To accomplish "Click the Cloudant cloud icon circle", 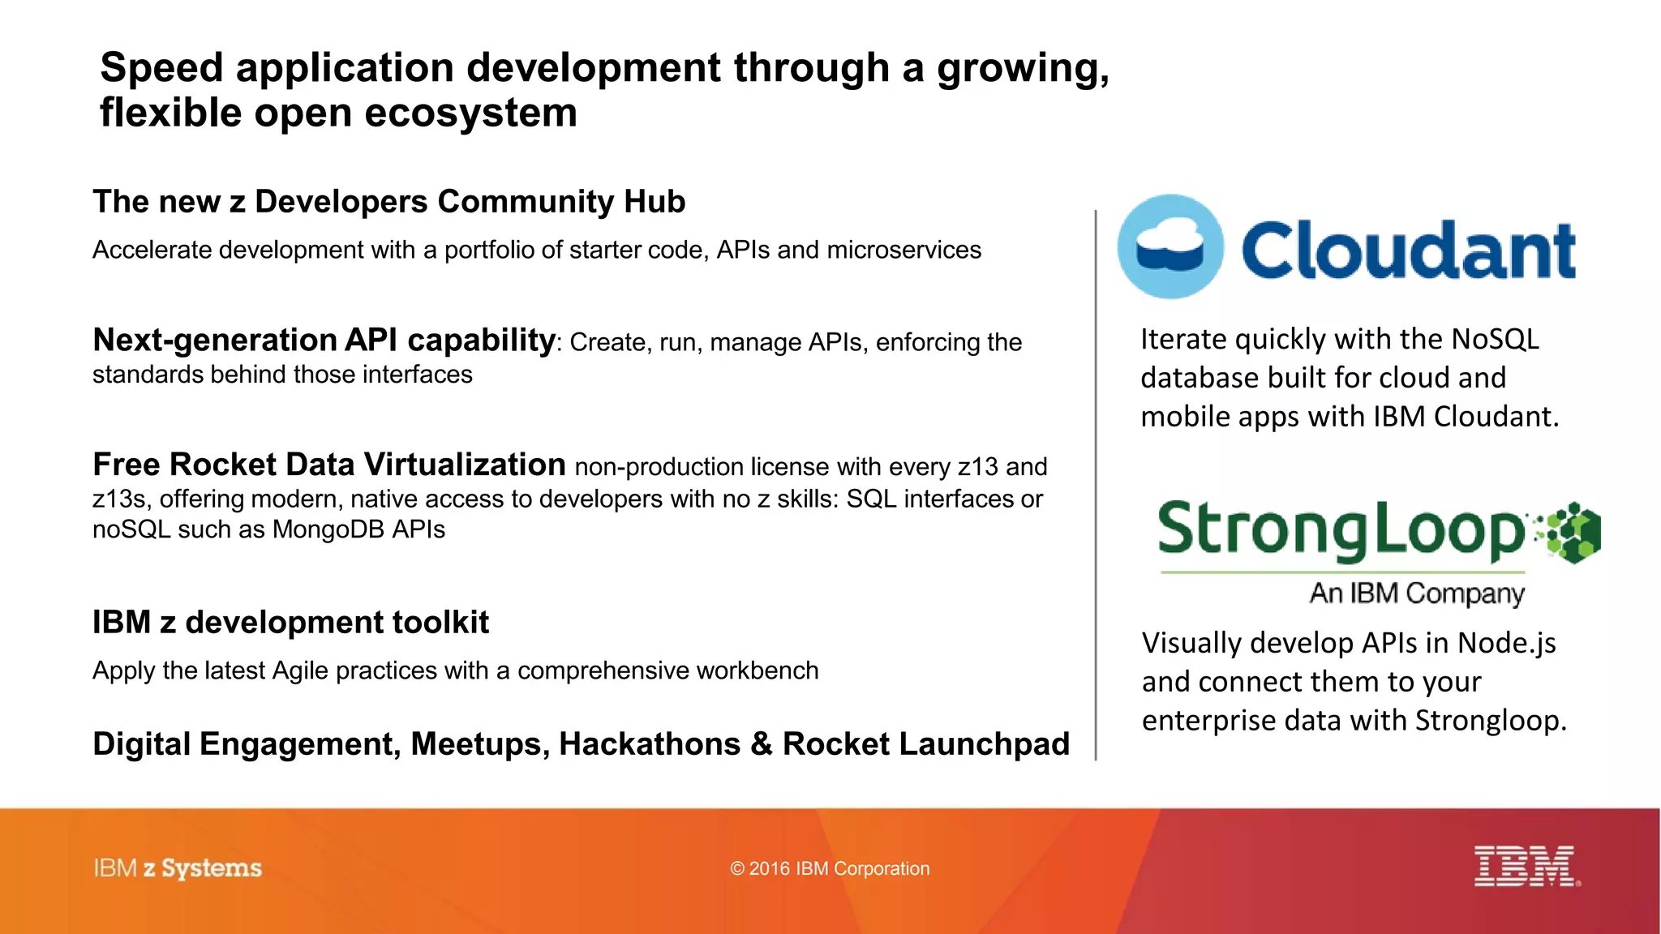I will click(x=1170, y=246).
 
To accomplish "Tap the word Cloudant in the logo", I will click(x=1408, y=250).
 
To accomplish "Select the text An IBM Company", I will click(x=1417, y=593).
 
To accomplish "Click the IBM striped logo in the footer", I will click(x=1526, y=866).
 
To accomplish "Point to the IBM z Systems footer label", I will click(x=178, y=868).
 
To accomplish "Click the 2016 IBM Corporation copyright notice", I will click(x=830, y=868).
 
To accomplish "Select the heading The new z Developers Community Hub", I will click(x=388, y=202).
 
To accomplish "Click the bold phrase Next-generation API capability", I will click(x=324, y=340).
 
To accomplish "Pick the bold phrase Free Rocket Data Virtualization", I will click(x=328, y=465).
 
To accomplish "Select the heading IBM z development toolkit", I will click(x=290, y=623).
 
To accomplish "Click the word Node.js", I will click(x=1506, y=643).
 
